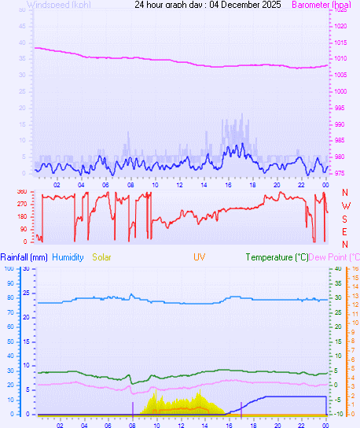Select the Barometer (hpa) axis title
tap(321, 5)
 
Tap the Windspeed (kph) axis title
tap(58, 5)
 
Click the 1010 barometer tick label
tap(338, 58)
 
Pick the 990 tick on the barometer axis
tap(338, 124)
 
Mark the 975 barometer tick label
tap(338, 173)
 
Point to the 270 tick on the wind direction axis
tap(22, 204)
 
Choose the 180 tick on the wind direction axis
tap(22, 216)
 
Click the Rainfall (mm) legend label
tap(24, 257)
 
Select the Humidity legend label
tap(68, 257)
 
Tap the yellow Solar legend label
tap(102, 257)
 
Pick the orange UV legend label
tap(200, 257)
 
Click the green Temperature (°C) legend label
tap(276, 257)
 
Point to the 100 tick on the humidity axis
tap(10, 268)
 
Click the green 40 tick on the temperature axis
tap(337, 268)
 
